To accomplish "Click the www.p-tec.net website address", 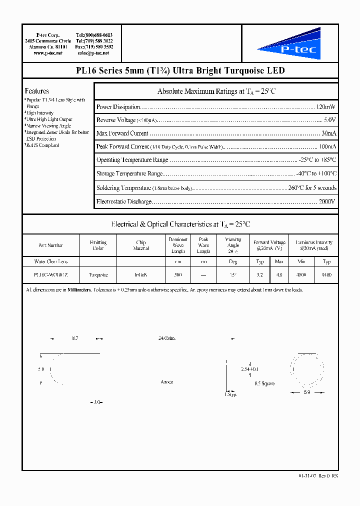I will click(x=48, y=53).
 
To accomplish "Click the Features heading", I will click(x=37, y=91).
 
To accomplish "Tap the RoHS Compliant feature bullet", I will click(x=42, y=145).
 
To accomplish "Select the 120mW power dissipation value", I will click(x=326, y=107).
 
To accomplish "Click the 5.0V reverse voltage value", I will click(x=329, y=120).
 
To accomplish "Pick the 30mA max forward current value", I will click(x=328, y=133).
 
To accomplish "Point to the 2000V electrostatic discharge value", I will click(x=327, y=201).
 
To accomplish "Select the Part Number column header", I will click(x=51, y=245).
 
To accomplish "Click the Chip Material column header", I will click(x=141, y=245).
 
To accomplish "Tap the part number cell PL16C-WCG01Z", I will click(x=51, y=275).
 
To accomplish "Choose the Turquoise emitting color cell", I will click(x=98, y=275).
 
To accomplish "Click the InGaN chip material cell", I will click(x=141, y=275).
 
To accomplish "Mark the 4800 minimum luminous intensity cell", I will click(x=302, y=275).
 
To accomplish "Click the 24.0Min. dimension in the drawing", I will click(x=167, y=338).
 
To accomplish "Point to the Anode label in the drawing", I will click(x=167, y=382).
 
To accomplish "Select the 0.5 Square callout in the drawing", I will click(x=264, y=384).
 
